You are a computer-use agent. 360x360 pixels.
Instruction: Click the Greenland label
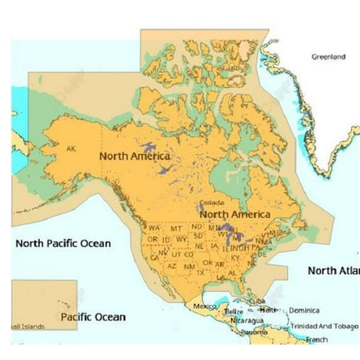(328, 57)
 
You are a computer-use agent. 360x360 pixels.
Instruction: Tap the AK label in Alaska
(71, 149)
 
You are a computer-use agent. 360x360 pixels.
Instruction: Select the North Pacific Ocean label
(62, 243)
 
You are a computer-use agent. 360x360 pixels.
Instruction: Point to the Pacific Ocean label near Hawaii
(92, 317)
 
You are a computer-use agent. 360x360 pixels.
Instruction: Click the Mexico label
(204, 306)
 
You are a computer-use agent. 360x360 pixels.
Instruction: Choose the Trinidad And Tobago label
(324, 326)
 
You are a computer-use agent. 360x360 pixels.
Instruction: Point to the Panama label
(254, 332)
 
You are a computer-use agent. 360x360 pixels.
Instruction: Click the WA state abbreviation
(154, 228)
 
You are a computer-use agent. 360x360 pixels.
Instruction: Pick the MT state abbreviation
(176, 229)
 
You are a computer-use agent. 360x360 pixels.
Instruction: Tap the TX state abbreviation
(200, 272)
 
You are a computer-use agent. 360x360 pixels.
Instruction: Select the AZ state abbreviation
(171, 266)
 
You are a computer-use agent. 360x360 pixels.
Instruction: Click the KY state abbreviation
(235, 257)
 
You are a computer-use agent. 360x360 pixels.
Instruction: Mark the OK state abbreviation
(207, 262)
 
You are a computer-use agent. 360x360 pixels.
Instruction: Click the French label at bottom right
(317, 339)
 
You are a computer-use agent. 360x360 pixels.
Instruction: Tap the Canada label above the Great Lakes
(210, 204)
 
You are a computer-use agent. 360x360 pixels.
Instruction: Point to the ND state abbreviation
(197, 226)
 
